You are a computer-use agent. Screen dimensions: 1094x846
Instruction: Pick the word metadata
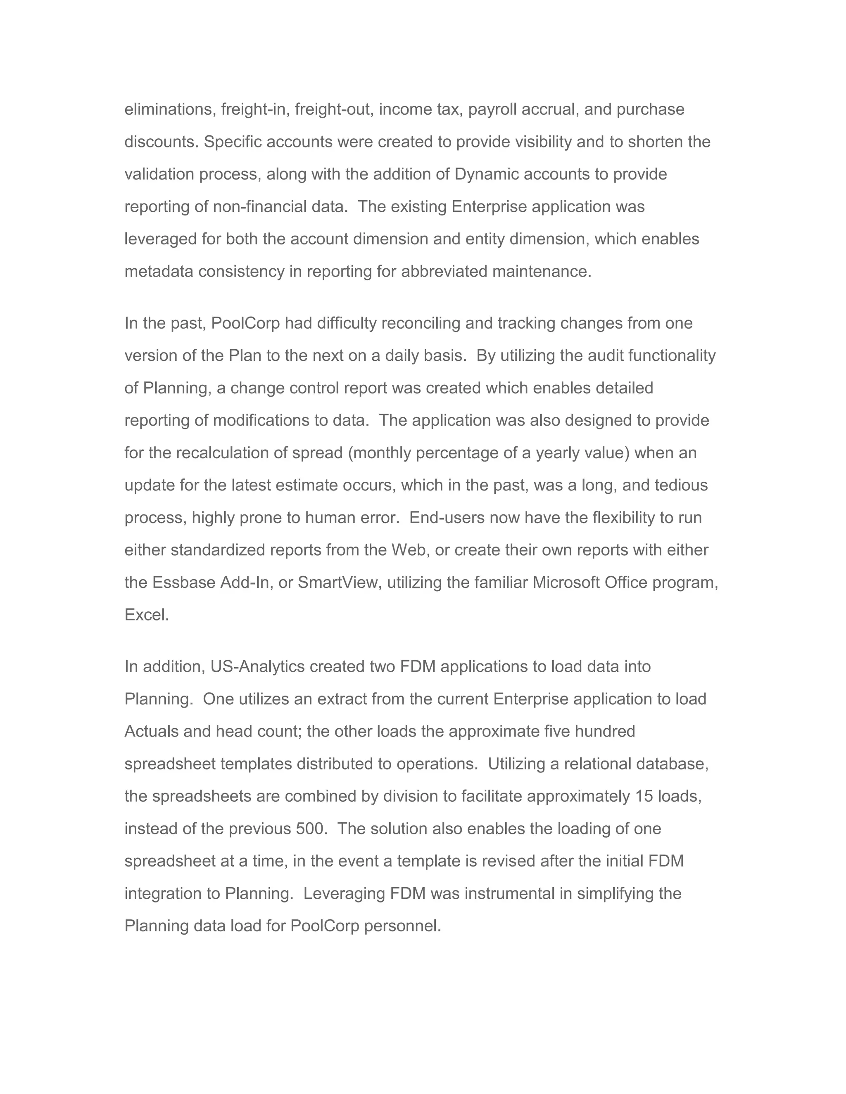159,272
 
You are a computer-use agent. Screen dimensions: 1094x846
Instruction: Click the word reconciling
421,324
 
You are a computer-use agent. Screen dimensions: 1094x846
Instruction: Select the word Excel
146,615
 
